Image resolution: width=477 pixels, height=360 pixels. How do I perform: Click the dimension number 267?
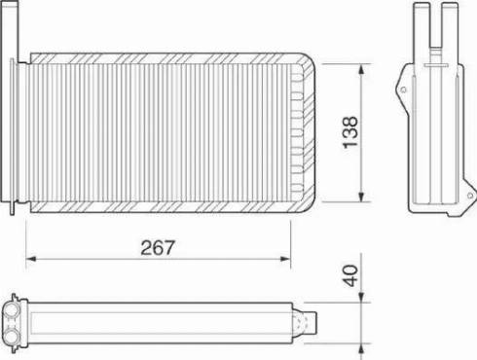click(x=158, y=246)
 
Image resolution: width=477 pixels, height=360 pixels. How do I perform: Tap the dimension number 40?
click(x=351, y=275)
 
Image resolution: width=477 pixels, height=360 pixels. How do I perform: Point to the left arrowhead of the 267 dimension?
click(x=29, y=259)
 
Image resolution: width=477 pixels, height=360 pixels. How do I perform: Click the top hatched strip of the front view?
click(x=161, y=57)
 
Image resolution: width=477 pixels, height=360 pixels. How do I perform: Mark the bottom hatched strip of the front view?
click(x=161, y=208)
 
